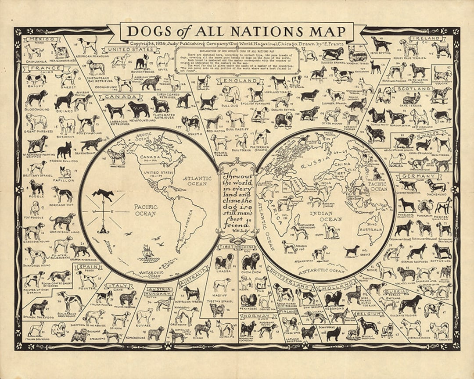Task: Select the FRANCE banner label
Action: point(42,68)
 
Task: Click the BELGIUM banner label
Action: point(368,314)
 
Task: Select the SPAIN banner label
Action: point(88,267)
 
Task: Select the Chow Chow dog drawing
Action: point(251,261)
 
